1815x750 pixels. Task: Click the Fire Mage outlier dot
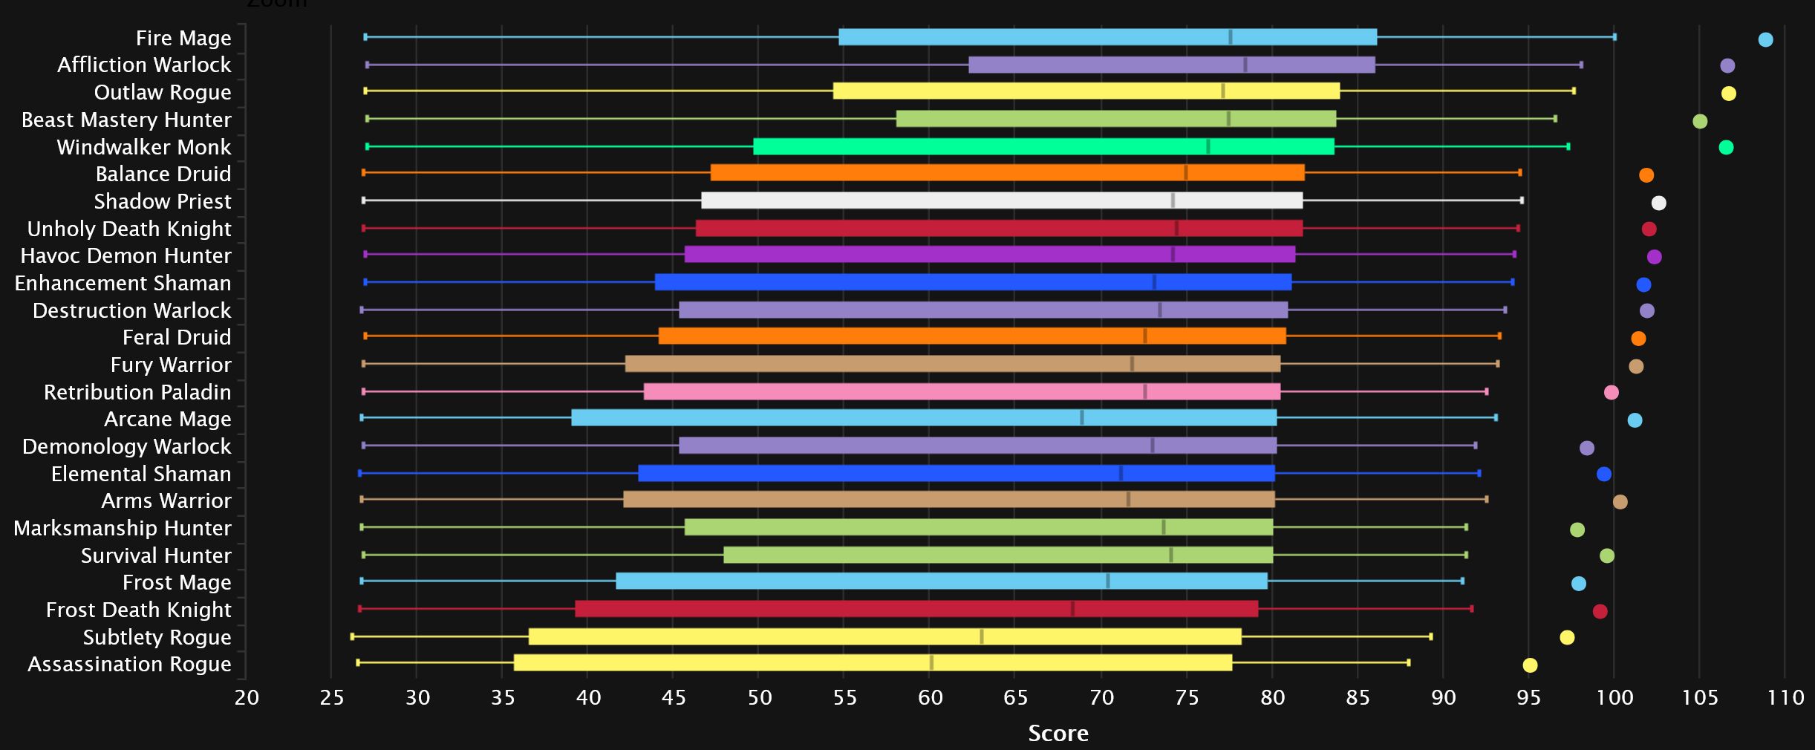[x=1765, y=39]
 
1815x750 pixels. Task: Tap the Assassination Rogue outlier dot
[x=1530, y=665]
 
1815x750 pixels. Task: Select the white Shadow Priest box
[x=1002, y=200]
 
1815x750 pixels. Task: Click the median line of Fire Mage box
[x=1230, y=37]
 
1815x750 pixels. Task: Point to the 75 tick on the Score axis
[x=1187, y=698]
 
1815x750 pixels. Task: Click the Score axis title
[x=1058, y=734]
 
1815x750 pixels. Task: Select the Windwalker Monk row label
[x=144, y=147]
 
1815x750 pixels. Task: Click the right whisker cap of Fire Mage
[x=1614, y=37]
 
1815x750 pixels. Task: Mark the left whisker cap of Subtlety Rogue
[x=352, y=636]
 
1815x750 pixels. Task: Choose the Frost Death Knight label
[x=139, y=610]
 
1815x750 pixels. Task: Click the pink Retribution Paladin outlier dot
[x=1611, y=392]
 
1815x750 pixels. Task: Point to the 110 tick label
[x=1785, y=698]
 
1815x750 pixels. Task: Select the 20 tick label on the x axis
[x=247, y=698]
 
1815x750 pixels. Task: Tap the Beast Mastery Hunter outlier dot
[x=1700, y=121]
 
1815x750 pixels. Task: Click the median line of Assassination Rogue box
[x=931, y=662]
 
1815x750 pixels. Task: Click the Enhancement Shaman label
[x=123, y=283]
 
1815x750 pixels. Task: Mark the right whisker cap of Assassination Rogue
[x=1408, y=662]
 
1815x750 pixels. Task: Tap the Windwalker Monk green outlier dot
[x=1726, y=147]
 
